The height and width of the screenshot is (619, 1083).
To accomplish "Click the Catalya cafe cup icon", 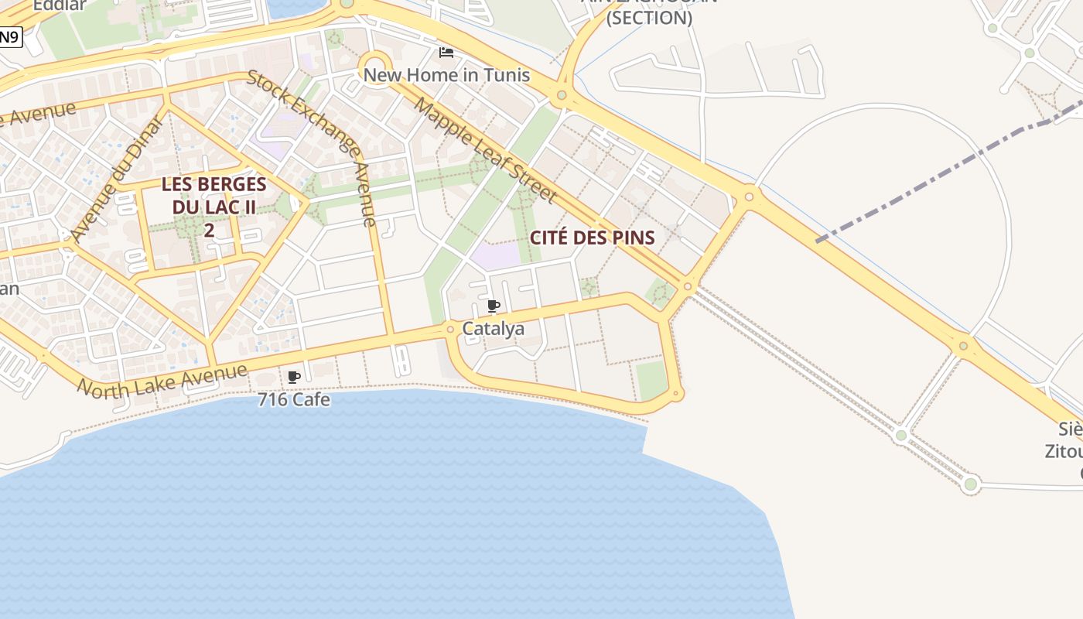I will click(494, 306).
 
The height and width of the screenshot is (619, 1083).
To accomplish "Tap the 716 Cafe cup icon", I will click(294, 378).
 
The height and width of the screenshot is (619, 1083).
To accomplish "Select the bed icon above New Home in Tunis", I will click(446, 53).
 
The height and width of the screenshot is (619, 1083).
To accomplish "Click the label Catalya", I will click(494, 329).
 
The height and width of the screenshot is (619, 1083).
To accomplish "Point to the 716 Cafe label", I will click(294, 400).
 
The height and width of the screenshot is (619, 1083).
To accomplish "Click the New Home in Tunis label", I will click(446, 75).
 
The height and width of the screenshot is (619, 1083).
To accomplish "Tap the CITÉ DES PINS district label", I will click(593, 238).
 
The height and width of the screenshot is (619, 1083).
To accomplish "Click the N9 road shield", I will click(9, 36).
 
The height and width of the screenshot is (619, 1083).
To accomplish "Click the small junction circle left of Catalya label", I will click(450, 330).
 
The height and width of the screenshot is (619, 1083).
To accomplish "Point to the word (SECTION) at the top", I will click(648, 18).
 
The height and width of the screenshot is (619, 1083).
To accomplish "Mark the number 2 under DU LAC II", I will click(209, 230).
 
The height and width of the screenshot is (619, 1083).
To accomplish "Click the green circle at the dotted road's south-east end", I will click(971, 484).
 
